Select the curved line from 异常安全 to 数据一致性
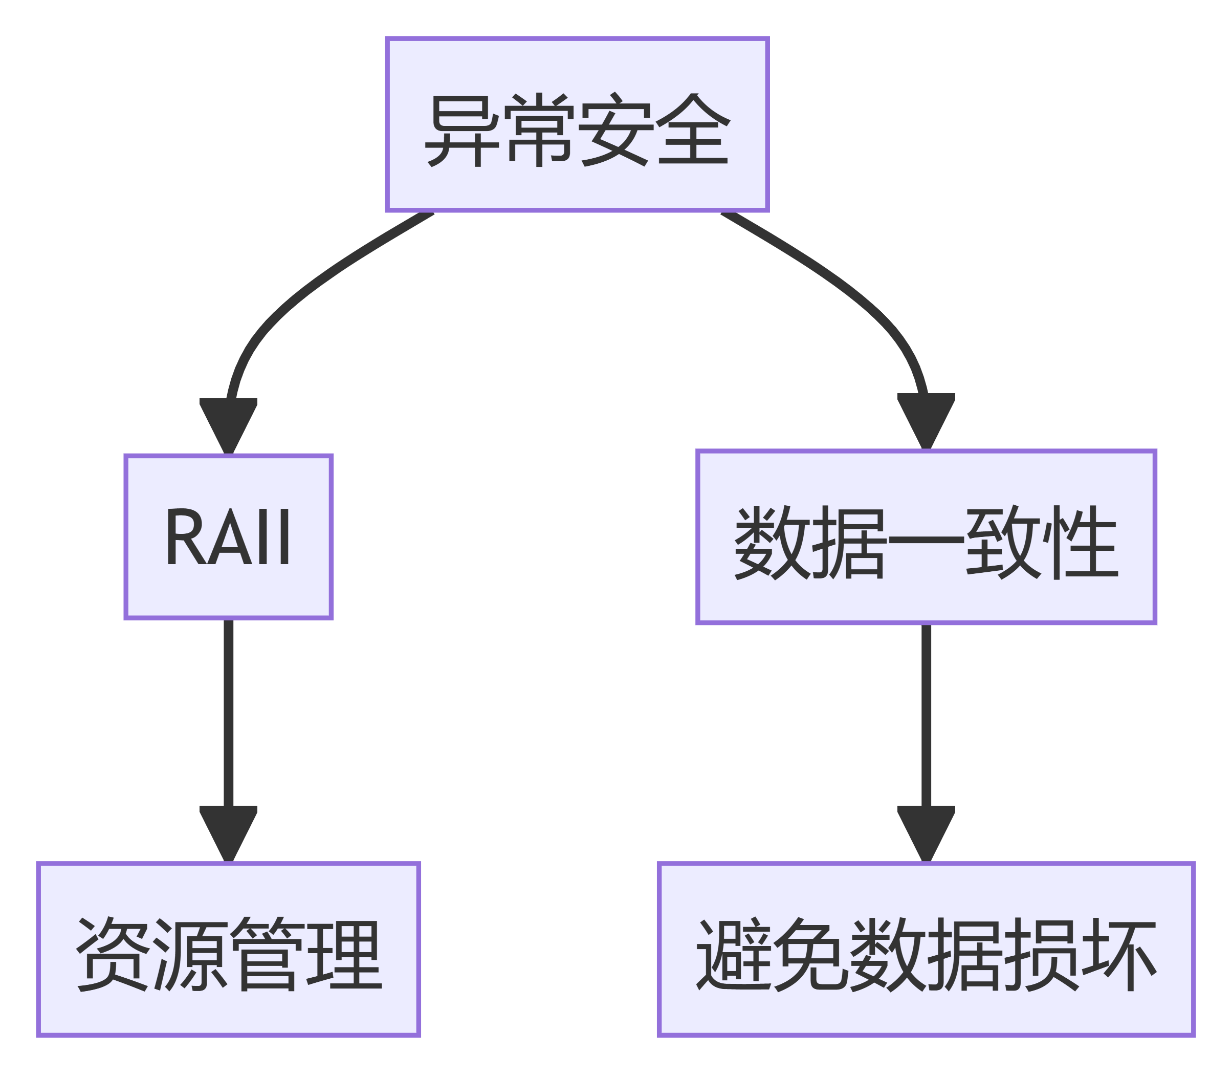[x=857, y=300]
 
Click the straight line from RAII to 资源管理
[x=228, y=708]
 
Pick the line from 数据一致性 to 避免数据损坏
[x=926, y=708]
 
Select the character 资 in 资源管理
[x=112, y=954]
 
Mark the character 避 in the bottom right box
[x=733, y=954]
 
